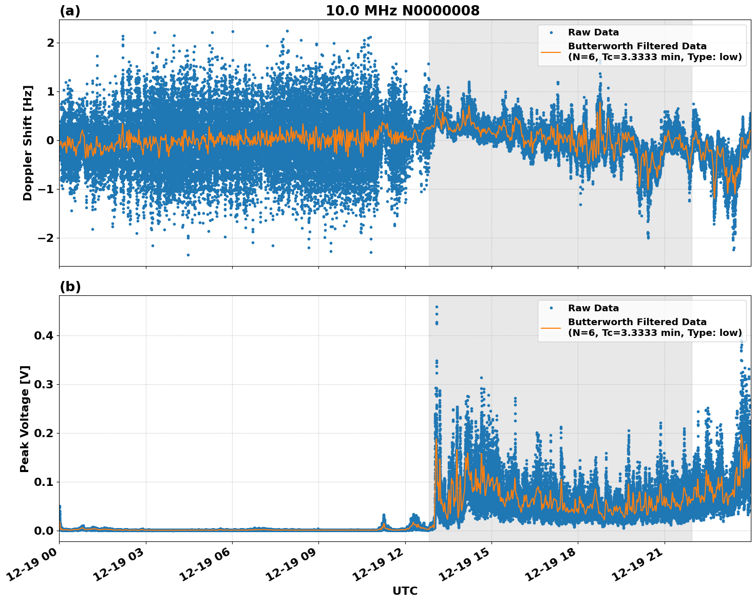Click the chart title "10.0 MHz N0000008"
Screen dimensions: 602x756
click(402, 11)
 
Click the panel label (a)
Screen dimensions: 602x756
click(70, 11)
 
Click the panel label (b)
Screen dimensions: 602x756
click(70, 287)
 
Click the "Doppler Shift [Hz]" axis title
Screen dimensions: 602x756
click(28, 143)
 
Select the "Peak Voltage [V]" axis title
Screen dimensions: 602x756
click(25, 419)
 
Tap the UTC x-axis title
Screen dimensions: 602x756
click(405, 591)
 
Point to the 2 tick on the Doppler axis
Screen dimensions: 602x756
click(50, 43)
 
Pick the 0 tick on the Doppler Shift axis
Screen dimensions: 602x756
click(50, 140)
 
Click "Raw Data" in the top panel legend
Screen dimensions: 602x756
click(593, 32)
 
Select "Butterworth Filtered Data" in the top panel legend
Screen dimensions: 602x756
click(637, 46)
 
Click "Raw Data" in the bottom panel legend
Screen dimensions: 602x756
click(593, 308)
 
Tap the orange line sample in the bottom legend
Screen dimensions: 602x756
click(551, 327)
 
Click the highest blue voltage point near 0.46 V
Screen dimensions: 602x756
click(437, 307)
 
